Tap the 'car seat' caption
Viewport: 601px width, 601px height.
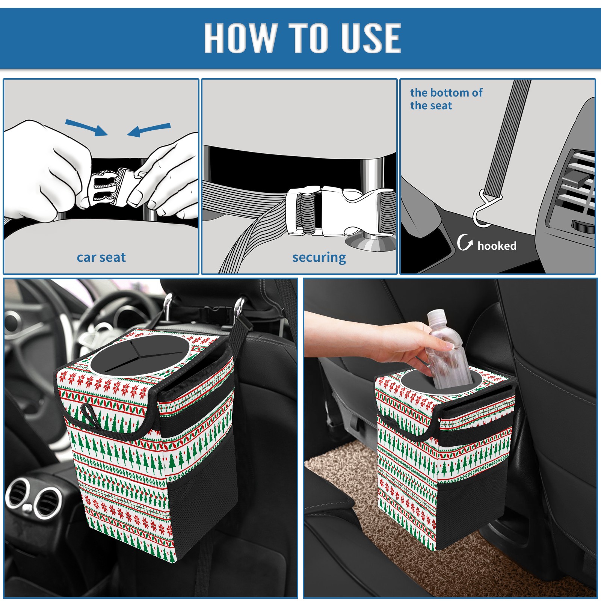tap(101, 257)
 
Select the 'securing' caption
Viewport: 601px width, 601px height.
tap(319, 258)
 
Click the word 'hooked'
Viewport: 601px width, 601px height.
tap(497, 246)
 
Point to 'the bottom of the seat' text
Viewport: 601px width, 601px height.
tap(446, 99)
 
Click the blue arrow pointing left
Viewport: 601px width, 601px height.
tap(149, 130)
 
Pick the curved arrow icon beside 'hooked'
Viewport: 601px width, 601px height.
tap(465, 242)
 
